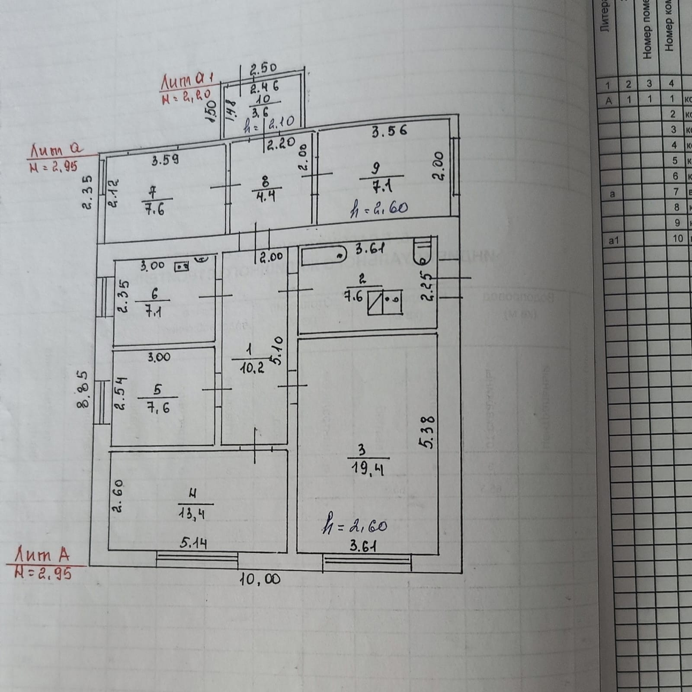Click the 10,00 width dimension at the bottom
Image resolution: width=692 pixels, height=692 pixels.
point(260,579)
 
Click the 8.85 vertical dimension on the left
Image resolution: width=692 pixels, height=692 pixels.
point(84,389)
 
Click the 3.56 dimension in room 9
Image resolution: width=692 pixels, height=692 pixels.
point(389,131)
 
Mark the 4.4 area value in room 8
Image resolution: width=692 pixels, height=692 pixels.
point(266,196)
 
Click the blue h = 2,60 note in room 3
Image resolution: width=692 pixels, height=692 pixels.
point(355,526)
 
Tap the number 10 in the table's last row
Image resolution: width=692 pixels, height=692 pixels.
point(677,238)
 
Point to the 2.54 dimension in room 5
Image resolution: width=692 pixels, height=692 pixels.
point(120,393)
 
